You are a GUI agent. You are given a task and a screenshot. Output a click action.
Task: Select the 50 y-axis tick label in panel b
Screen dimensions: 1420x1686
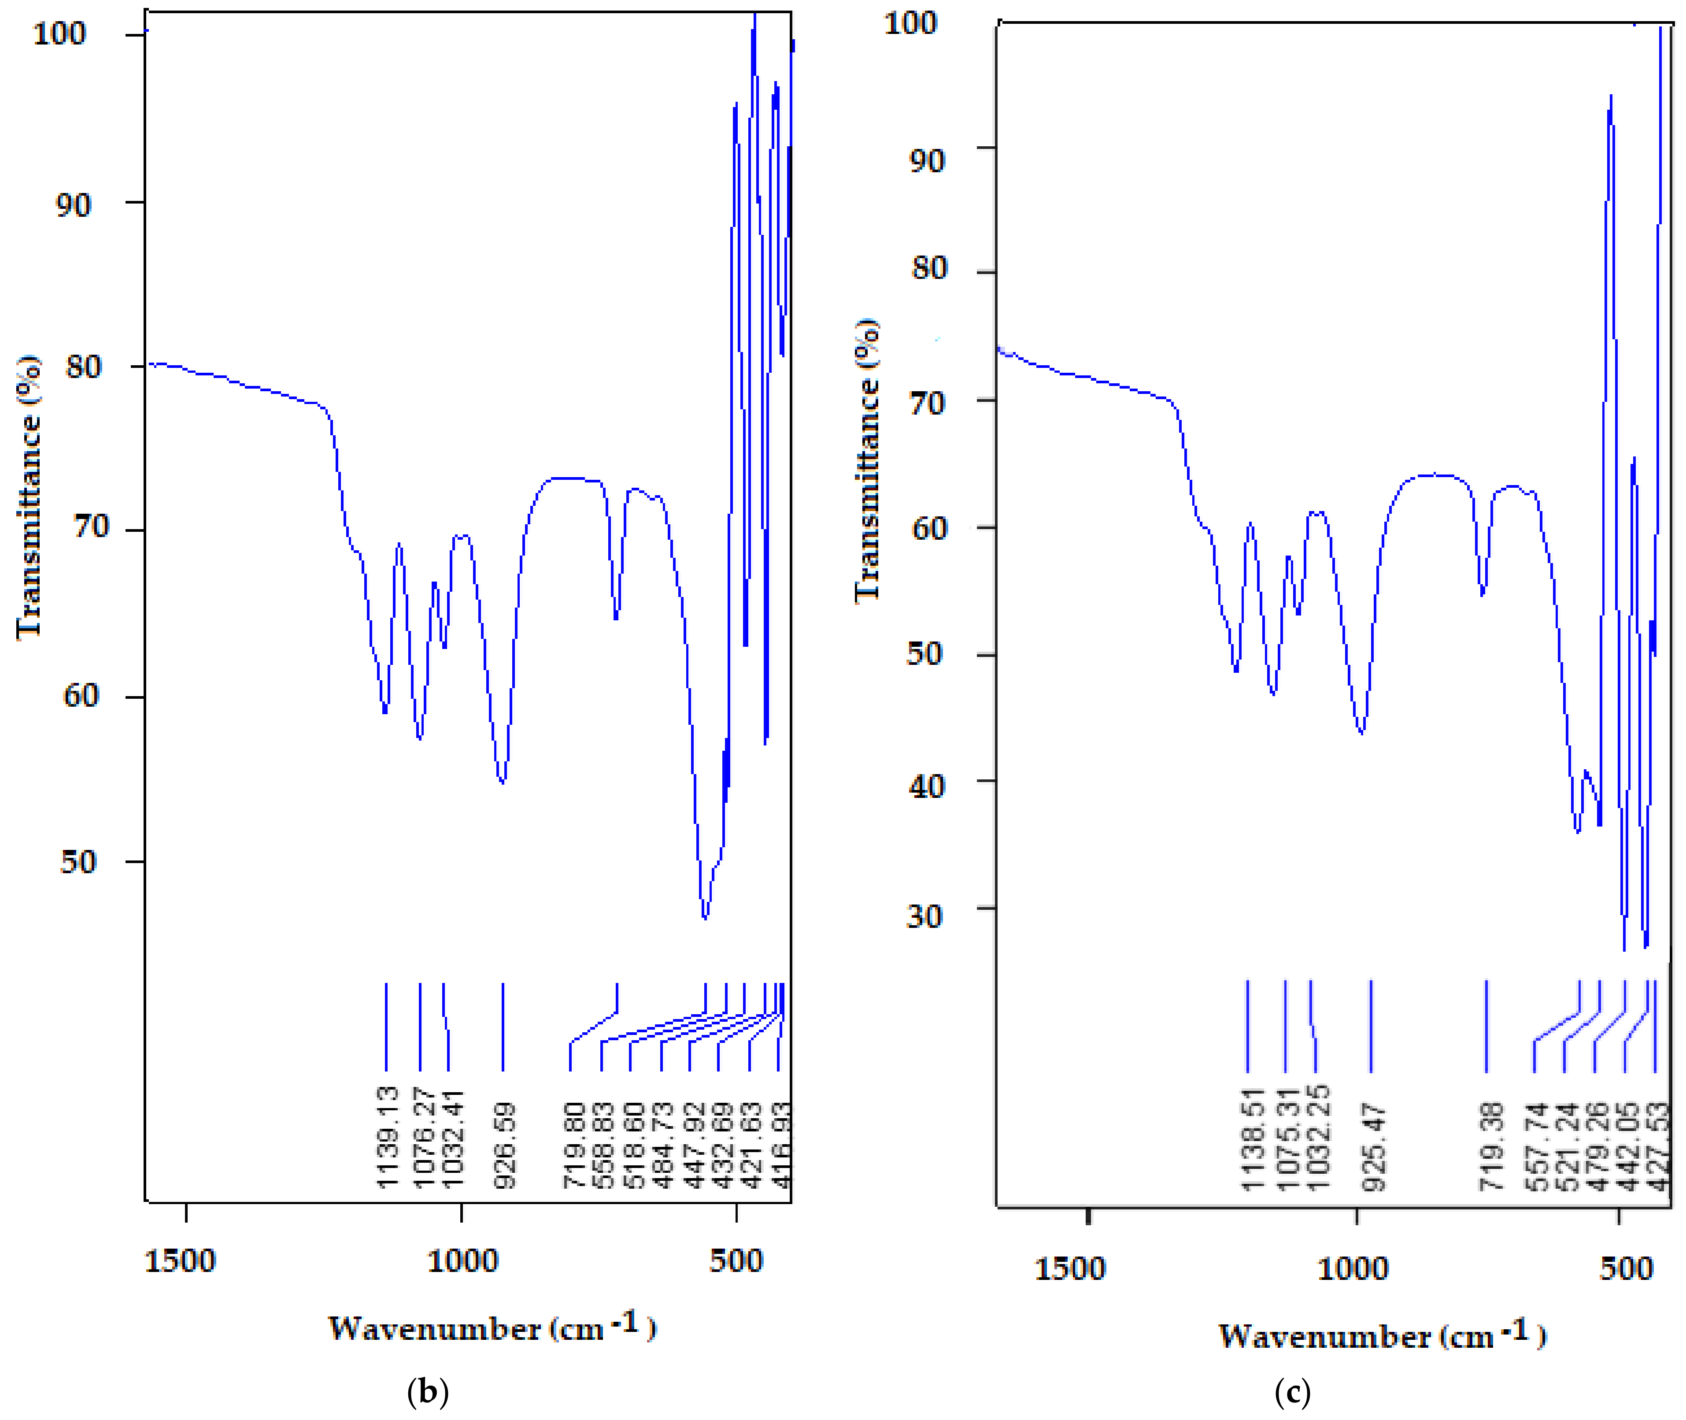coord(78,862)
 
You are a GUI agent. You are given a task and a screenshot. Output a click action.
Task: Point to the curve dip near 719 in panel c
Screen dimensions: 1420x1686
coord(1483,593)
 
